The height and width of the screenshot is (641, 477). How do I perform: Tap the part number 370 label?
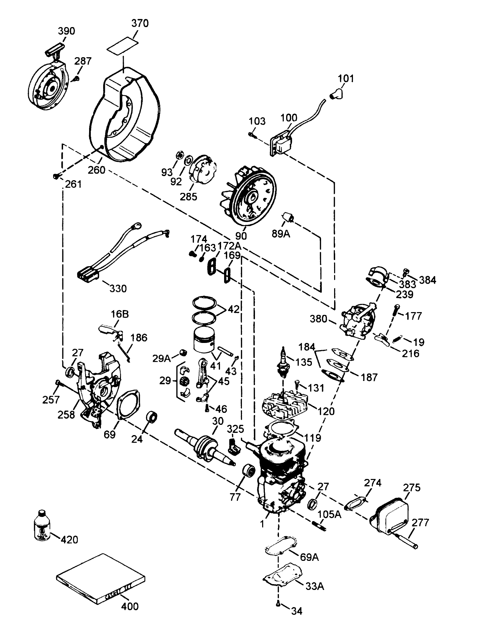point(140,23)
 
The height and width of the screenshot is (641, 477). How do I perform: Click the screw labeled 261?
point(56,176)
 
